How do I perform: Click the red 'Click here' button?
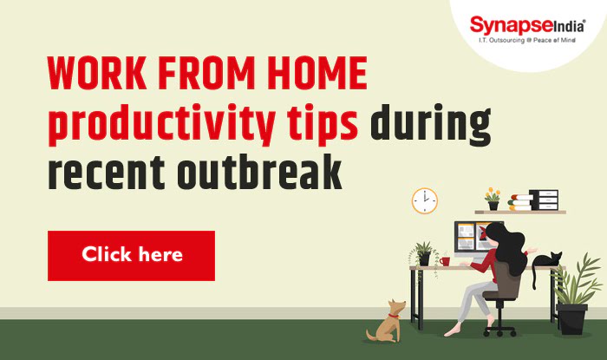[x=131, y=255]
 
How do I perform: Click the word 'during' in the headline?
[x=430, y=126]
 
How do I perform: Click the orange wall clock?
[x=424, y=200]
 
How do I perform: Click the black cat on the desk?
[x=546, y=261]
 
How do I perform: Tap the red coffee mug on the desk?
[x=444, y=260]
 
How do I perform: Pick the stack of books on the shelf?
[x=519, y=202]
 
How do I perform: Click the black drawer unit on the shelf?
[x=545, y=200]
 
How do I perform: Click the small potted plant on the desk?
[x=424, y=253]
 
